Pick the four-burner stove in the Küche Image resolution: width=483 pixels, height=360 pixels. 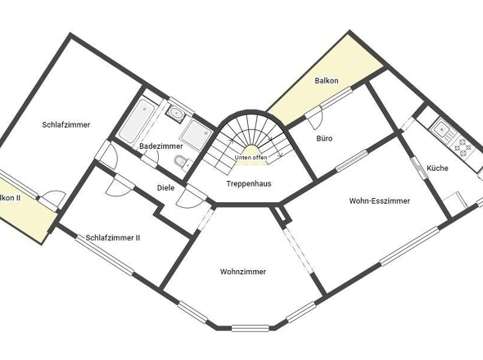464,148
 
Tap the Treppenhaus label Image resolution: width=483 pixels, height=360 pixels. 248,183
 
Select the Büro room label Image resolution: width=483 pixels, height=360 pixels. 324,138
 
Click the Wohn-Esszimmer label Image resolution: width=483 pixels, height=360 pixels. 379,200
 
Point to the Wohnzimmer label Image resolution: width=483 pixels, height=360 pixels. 243,271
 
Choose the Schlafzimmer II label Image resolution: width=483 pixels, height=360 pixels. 113,237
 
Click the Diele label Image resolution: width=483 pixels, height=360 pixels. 166,187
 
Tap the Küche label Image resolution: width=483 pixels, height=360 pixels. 437,168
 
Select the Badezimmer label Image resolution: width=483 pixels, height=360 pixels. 160,146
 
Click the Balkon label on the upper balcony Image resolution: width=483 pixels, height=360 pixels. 327,81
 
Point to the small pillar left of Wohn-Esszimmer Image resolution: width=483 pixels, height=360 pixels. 283,214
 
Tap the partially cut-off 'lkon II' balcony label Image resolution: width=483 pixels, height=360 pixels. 11,198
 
